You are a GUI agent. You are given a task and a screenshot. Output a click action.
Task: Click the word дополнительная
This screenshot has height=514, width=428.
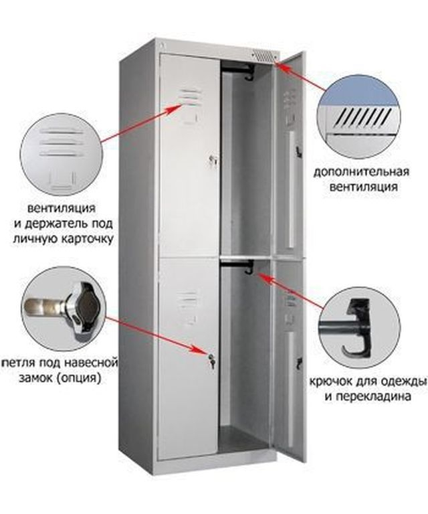click(x=361, y=172)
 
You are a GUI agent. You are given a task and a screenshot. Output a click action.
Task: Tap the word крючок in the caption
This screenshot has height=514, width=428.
click(x=330, y=381)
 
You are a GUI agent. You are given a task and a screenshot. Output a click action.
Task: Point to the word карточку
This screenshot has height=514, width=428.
click(x=87, y=239)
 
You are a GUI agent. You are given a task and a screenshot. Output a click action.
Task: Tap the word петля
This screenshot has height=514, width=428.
click(x=18, y=363)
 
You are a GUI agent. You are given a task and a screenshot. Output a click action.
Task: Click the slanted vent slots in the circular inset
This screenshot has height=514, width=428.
click(x=364, y=118)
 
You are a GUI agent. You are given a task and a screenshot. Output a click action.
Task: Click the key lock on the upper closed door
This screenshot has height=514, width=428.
click(x=213, y=160)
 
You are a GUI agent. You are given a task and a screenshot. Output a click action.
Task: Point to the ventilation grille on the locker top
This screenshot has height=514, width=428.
click(x=264, y=56)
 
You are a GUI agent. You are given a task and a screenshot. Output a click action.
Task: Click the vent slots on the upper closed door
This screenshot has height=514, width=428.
click(x=191, y=96)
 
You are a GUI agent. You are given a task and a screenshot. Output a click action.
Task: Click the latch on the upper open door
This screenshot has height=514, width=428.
click(x=298, y=151)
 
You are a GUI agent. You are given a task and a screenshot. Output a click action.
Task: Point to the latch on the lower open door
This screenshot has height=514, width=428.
click(x=300, y=364)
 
